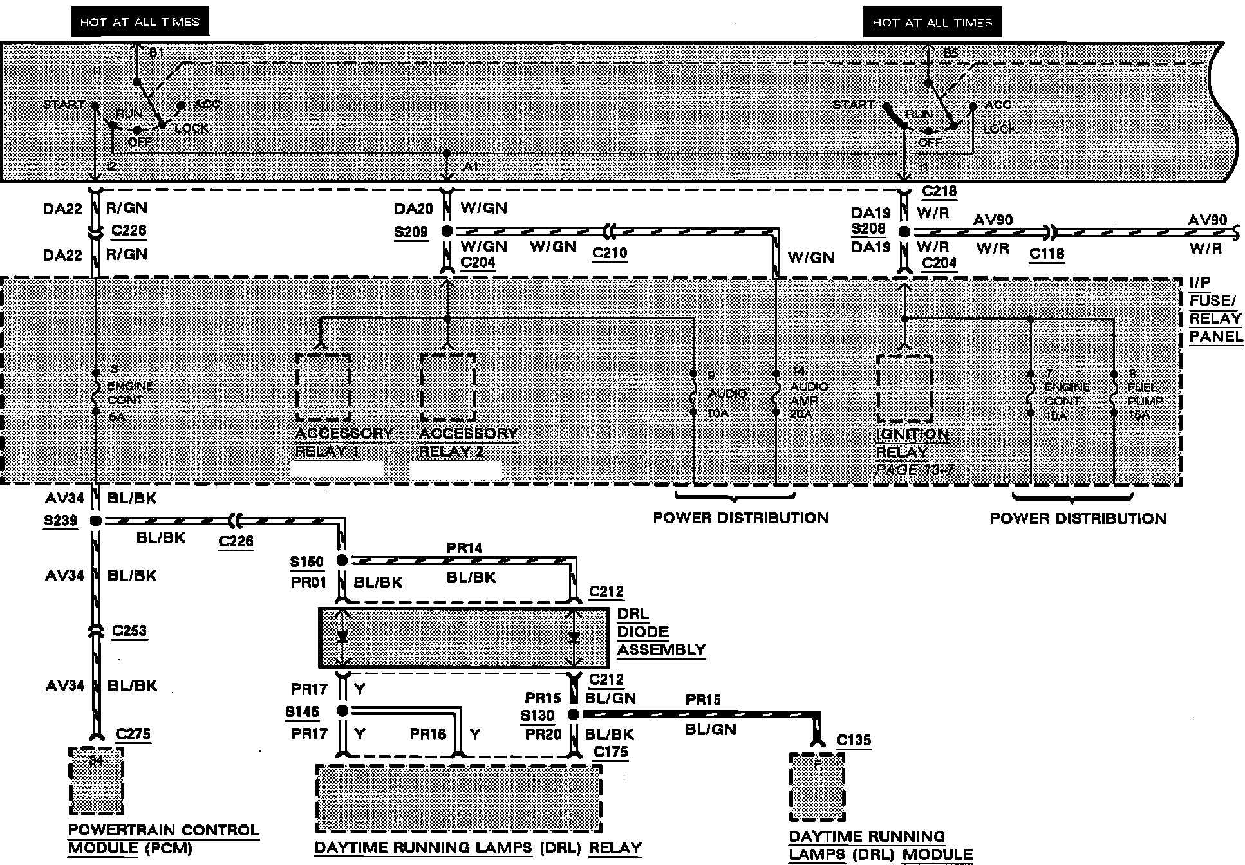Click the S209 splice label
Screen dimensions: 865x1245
tap(411, 231)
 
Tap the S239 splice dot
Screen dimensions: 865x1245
tap(95, 521)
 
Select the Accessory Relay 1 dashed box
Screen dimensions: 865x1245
tap(323, 387)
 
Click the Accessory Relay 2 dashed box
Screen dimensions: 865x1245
tap(447, 387)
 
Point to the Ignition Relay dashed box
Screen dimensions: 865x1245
tap(904, 389)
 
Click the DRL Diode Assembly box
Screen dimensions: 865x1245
tap(463, 638)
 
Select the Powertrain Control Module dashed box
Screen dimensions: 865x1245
tap(96, 780)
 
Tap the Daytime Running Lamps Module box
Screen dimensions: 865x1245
tap(817, 786)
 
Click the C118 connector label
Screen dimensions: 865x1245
tap(1046, 254)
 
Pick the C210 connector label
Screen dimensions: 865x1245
tap(610, 253)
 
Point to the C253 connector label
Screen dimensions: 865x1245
tap(129, 630)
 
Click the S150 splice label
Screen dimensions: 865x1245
tap(306, 561)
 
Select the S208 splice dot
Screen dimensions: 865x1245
tap(904, 232)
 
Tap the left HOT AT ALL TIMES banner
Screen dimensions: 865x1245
tap(140, 23)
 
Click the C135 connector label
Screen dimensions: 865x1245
tap(854, 740)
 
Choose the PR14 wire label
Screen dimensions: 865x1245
tap(464, 548)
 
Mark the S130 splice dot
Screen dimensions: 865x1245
tap(573, 714)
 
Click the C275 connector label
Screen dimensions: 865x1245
tap(133, 734)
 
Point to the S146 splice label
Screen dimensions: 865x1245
tap(303, 712)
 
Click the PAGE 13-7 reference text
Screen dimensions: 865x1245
tap(914, 470)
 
